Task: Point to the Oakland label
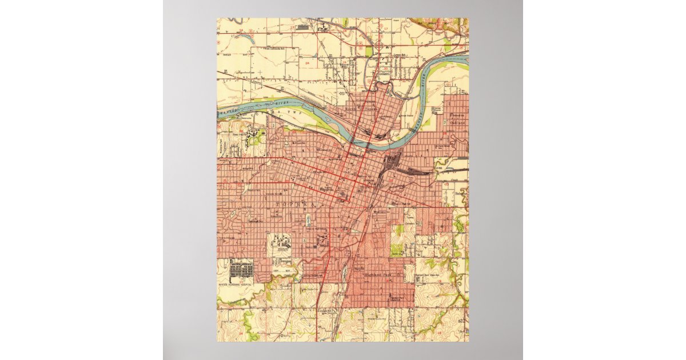457,123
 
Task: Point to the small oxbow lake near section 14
250,39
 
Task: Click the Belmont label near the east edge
461,194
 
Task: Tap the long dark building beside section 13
303,26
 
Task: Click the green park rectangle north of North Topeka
369,51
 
